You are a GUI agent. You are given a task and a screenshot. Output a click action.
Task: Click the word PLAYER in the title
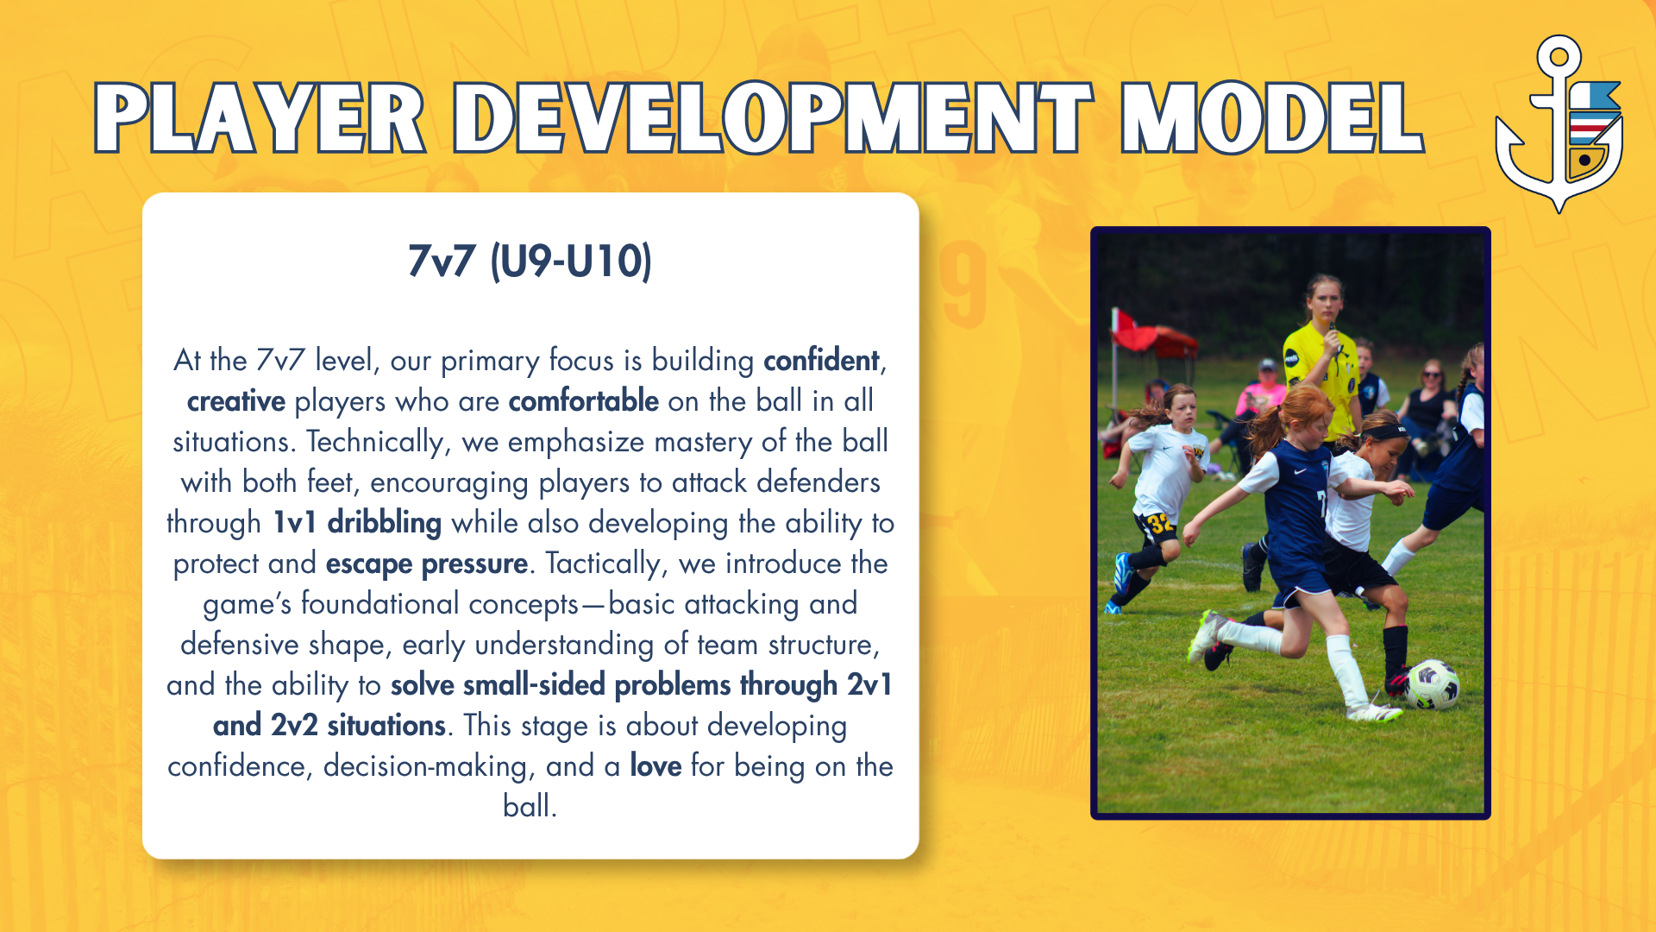click(260, 118)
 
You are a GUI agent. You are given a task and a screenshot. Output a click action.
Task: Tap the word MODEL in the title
click(1271, 118)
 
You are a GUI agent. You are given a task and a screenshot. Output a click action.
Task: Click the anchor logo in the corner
click(1559, 123)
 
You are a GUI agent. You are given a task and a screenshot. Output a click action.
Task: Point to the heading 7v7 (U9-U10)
click(530, 261)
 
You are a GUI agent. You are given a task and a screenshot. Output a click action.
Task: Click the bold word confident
click(821, 360)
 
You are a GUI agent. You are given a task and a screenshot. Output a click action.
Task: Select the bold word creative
click(236, 400)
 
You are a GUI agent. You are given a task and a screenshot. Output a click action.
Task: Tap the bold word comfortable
click(584, 400)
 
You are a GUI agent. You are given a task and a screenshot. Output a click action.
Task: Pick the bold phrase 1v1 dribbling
click(357, 522)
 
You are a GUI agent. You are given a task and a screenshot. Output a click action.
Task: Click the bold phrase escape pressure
click(427, 564)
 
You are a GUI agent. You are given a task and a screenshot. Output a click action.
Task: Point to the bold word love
click(655, 765)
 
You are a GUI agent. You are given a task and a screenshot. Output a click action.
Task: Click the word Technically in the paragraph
click(376, 442)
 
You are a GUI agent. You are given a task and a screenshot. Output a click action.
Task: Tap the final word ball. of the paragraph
click(530, 806)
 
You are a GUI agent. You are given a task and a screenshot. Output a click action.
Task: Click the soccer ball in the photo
click(1433, 684)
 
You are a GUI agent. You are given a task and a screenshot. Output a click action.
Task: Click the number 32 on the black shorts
click(1160, 522)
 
